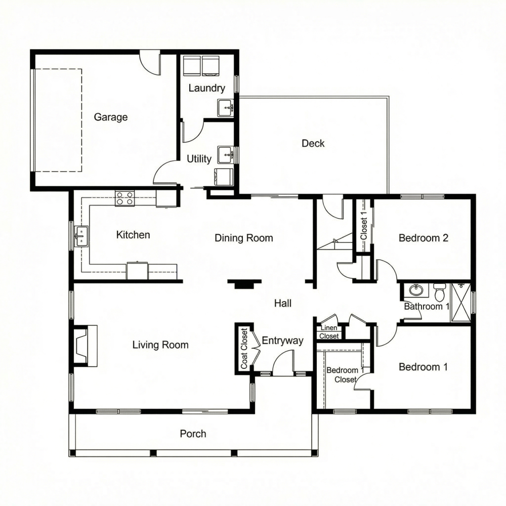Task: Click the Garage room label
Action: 111,117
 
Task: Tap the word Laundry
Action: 206,88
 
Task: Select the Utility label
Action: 199,159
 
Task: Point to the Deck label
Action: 313,143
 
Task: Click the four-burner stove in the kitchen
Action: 125,198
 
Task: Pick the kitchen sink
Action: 81,236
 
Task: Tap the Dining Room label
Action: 243,238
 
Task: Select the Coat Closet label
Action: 244,349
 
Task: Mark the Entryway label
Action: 282,341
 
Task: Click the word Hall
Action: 283,304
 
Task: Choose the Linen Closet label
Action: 329,332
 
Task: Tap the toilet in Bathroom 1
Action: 439,292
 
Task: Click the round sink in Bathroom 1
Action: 416,290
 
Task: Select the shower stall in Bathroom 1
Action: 460,302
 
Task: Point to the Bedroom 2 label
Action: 424,238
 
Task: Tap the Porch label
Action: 193,434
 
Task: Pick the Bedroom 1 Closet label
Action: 345,375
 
